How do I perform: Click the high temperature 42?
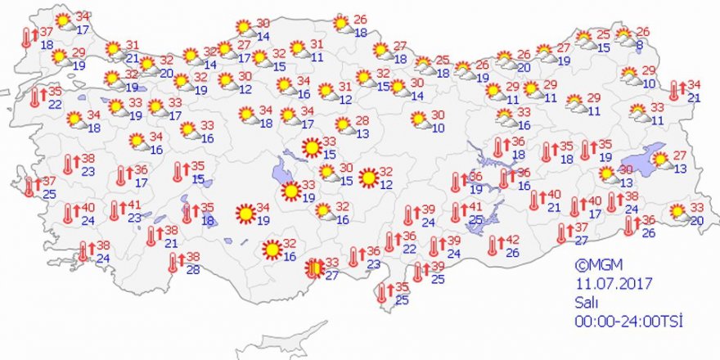tap(514, 240)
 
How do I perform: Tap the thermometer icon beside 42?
tap(493, 245)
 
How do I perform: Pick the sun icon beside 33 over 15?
tap(311, 148)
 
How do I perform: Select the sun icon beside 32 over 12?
tap(369, 177)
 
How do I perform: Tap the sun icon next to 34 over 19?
tap(244, 214)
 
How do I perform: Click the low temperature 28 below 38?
tap(193, 270)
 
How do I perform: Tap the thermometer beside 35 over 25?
tap(381, 293)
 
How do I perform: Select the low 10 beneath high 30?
tap(439, 128)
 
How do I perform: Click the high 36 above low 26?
tap(648, 220)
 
